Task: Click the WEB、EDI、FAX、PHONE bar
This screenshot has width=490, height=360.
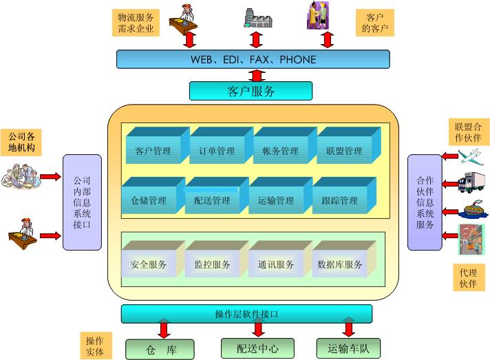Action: pos(253,60)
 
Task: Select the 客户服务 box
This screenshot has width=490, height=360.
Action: pos(251,91)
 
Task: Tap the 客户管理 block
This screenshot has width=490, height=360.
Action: pos(153,150)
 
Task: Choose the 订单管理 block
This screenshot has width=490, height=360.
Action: pos(217,150)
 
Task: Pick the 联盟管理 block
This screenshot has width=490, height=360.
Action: pos(344,150)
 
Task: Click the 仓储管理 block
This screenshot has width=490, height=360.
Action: pos(149,200)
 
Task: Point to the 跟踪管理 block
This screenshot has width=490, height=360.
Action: pos(339,200)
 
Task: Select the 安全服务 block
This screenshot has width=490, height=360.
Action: pos(149,264)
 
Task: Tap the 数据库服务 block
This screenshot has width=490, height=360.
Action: pos(339,264)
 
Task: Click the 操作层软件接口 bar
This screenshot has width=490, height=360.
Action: pos(246,314)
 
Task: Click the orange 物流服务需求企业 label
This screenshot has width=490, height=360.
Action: pos(135,22)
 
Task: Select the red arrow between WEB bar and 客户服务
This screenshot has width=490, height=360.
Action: pos(257,75)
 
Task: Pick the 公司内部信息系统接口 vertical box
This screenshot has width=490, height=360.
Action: pos(82,202)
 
